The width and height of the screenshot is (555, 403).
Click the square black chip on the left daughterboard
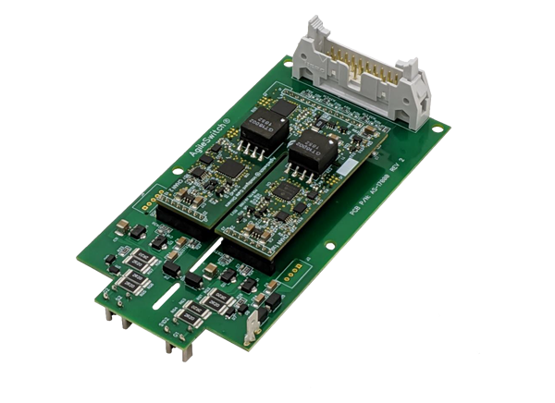tap(230, 169)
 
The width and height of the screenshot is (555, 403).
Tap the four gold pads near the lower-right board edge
tap(294, 274)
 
